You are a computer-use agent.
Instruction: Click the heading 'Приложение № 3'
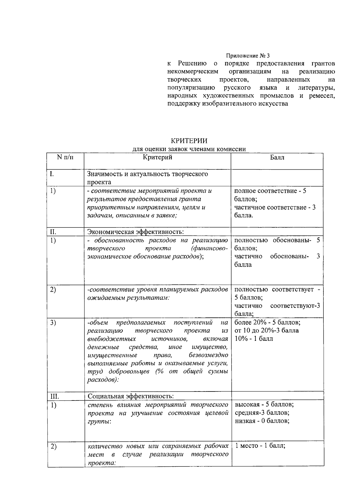pyautogui.click(x=248, y=56)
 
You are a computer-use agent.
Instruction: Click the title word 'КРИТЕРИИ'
pyautogui.click(x=189, y=141)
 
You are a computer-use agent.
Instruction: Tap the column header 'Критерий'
pyautogui.click(x=157, y=157)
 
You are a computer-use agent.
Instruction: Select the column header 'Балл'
pyautogui.click(x=277, y=157)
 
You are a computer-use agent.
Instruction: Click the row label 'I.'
pyautogui.click(x=52, y=174)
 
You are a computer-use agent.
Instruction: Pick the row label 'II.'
pyautogui.click(x=53, y=232)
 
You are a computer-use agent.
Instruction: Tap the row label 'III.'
pyautogui.click(x=54, y=396)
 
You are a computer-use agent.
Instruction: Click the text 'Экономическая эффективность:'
pyautogui.click(x=135, y=232)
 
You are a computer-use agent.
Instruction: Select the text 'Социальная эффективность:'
pyautogui.click(x=130, y=396)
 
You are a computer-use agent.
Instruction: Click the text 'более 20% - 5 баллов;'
pyautogui.click(x=267, y=323)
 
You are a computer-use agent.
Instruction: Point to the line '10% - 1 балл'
pyautogui.click(x=253, y=339)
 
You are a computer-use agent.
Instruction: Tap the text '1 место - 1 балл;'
pyautogui.click(x=260, y=446)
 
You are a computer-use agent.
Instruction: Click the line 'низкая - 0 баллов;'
pyautogui.click(x=262, y=421)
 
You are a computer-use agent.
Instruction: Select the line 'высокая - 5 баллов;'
pyautogui.click(x=264, y=404)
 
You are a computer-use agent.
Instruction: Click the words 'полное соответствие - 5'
pyautogui.click(x=270, y=191)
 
